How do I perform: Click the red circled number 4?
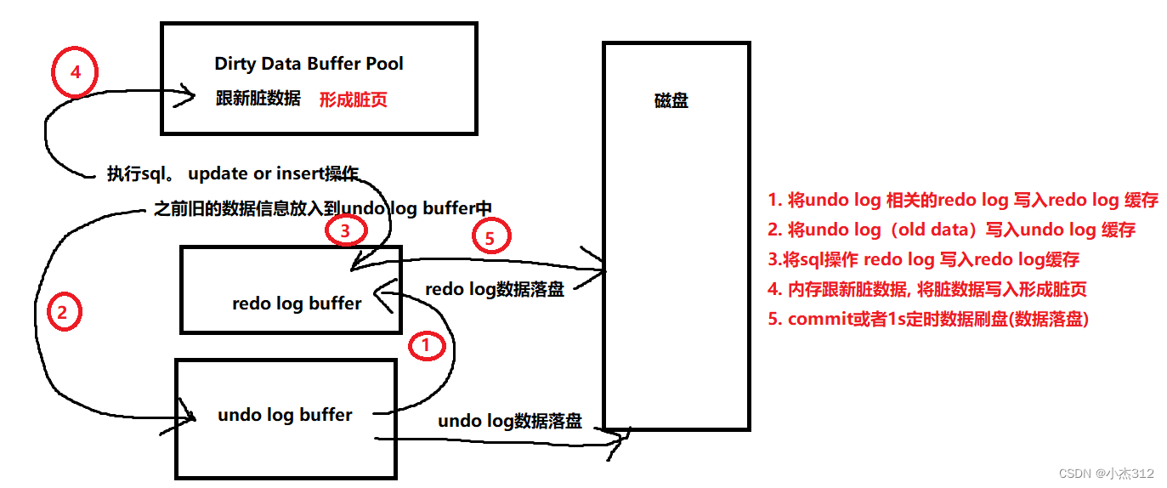tap(75, 72)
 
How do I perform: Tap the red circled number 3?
tap(344, 230)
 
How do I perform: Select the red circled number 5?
tap(489, 239)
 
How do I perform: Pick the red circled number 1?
tap(428, 345)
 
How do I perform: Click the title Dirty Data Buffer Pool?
tap(309, 64)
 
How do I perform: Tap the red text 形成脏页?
tap(353, 99)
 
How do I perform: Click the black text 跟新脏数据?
tap(258, 99)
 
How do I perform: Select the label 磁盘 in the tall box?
tap(671, 100)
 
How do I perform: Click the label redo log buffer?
tap(297, 304)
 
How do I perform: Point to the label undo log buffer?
tap(285, 415)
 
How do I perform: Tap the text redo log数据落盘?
tap(494, 290)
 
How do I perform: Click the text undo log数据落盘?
tap(510, 421)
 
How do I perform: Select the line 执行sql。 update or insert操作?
tap(233, 174)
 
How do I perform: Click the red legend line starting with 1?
tap(962, 201)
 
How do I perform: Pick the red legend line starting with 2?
tap(950, 230)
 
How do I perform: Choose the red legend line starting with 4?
tap(926, 289)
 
